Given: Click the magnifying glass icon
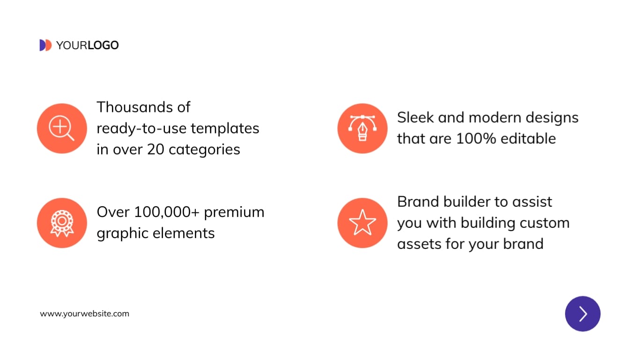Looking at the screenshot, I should click(62, 128).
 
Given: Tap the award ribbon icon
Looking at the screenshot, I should click(62, 223).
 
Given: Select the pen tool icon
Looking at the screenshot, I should click(362, 128).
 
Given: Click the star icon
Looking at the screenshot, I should click(362, 223).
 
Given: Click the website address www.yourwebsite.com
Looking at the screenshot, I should click(84, 314).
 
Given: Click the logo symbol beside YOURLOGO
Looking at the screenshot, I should click(45, 45).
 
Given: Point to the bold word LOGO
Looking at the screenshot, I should click(103, 45).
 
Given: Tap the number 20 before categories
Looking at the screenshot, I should click(156, 150).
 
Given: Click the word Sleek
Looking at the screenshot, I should click(415, 117).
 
